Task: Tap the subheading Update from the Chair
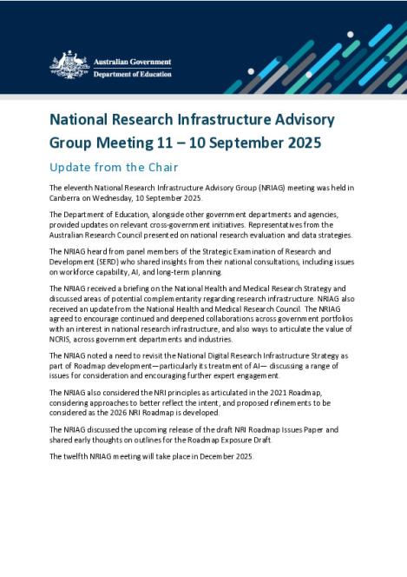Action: coord(115,167)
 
